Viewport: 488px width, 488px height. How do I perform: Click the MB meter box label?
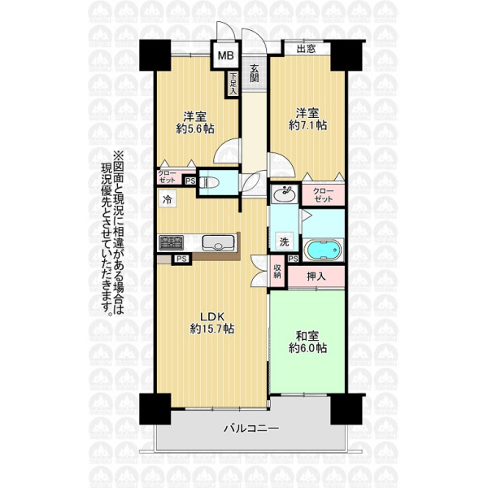[x=225, y=55]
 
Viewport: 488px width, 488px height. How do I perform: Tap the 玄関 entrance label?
[x=255, y=73]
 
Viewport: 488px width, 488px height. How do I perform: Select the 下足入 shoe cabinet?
[x=233, y=84]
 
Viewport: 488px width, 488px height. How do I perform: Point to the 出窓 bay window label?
[x=307, y=49]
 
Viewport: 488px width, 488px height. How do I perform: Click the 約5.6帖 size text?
[x=195, y=129]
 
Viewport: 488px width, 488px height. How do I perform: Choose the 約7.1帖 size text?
[x=307, y=125]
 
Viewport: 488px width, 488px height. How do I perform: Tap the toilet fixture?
[x=207, y=182]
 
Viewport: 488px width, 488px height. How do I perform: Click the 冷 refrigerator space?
[x=168, y=199]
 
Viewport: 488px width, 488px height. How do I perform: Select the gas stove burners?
[x=171, y=243]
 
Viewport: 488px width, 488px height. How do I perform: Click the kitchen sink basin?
[x=218, y=242]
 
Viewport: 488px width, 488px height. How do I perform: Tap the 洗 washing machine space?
[x=284, y=242]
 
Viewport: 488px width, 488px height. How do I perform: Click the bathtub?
[x=323, y=250]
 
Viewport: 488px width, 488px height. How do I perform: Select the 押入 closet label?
[x=316, y=277]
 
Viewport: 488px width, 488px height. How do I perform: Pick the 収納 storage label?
[x=277, y=272]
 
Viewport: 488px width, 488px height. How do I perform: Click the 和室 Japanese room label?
[x=307, y=336]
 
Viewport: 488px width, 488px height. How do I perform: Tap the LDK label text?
[x=212, y=317]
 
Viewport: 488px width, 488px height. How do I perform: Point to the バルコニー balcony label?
[x=251, y=429]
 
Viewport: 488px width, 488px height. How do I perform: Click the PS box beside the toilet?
[x=190, y=181]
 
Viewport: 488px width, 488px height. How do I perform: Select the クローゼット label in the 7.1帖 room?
[x=323, y=195]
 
